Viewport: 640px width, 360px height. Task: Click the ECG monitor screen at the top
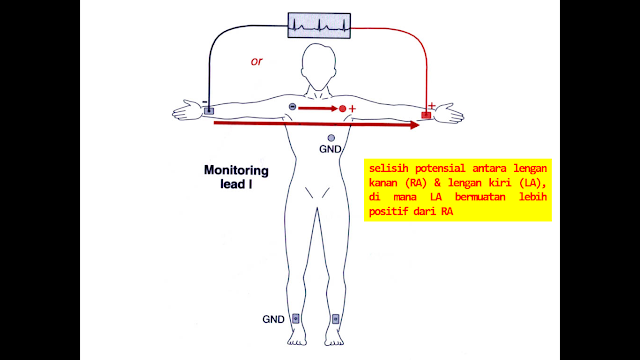pyautogui.click(x=320, y=25)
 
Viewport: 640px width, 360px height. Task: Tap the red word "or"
pyautogui.click(x=257, y=61)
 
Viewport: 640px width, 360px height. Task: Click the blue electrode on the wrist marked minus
pyautogui.click(x=210, y=112)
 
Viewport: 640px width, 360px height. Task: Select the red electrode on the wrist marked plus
pyautogui.click(x=426, y=115)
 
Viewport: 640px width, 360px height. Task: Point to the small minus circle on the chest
pyautogui.click(x=292, y=106)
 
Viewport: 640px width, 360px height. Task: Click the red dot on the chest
pyautogui.click(x=342, y=107)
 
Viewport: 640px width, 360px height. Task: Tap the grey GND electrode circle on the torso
pyautogui.click(x=331, y=137)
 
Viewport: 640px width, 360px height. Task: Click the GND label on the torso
pyautogui.click(x=331, y=149)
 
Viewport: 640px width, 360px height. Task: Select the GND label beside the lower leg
pyautogui.click(x=274, y=320)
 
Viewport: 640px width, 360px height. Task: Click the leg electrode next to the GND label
pyautogui.click(x=295, y=320)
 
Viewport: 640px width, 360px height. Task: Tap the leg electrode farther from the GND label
pyautogui.click(x=335, y=320)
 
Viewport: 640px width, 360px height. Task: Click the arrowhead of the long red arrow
pyautogui.click(x=413, y=126)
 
